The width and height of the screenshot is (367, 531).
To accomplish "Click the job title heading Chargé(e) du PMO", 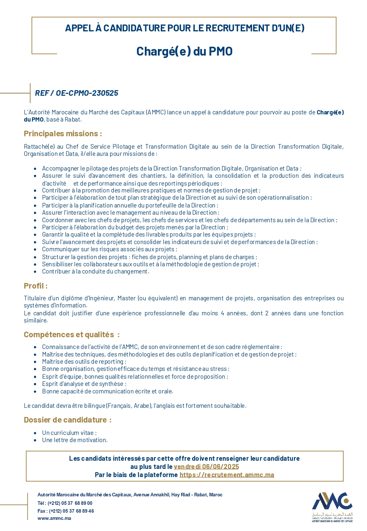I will (184, 51).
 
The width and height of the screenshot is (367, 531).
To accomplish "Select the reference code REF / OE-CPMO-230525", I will (77, 93).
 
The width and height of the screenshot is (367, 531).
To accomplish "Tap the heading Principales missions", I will (63, 134).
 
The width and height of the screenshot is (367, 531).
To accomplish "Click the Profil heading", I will (36, 286).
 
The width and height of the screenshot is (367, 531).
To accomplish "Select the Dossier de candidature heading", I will (68, 420).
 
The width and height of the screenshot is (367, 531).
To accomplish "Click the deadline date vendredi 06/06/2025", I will (206, 467).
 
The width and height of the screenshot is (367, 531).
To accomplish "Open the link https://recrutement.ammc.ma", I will (227, 475).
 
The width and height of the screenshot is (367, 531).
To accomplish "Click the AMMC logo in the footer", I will (332, 506).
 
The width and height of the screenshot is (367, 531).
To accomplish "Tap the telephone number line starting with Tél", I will (65, 503).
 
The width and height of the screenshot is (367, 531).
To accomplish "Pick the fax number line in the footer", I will (66, 511).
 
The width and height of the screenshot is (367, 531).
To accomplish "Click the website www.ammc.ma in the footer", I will (54, 518).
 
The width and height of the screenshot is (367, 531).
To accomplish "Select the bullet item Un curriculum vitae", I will (69, 433).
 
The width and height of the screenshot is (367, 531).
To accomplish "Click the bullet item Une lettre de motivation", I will (75, 440).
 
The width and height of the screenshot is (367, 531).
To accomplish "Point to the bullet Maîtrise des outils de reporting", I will (84, 362).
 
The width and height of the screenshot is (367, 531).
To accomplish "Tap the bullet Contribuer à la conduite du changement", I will (96, 272).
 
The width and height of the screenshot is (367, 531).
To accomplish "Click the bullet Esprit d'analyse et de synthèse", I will (84, 384).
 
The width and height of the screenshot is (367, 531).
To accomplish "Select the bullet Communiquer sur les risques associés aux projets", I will (109, 249).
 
